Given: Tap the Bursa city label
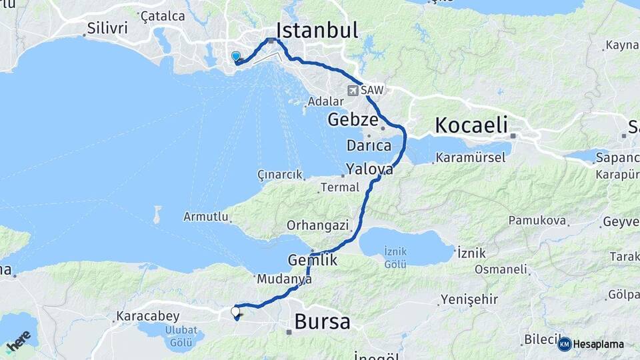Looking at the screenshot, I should click(322, 322).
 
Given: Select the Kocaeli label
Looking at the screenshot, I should click(471, 125).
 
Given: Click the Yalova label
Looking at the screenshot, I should click(369, 169).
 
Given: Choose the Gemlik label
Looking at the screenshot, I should click(313, 260).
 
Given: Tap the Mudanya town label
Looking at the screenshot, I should click(284, 280).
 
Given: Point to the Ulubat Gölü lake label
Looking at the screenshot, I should click(180, 337).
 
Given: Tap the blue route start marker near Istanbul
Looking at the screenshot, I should click(235, 57).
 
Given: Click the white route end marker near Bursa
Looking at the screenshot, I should click(235, 311).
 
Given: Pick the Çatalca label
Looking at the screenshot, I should click(163, 15).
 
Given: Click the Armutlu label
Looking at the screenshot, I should click(207, 217).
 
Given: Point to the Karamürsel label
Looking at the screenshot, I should click(469, 158).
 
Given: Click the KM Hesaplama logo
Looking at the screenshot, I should click(591, 344).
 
